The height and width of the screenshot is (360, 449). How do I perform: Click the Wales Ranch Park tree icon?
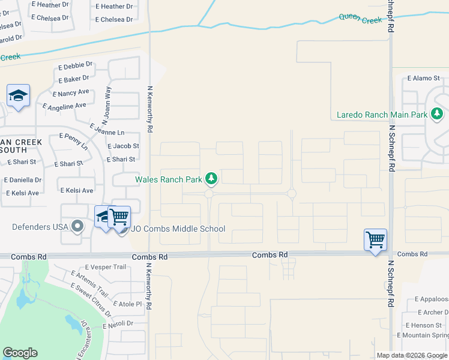pos(211,178)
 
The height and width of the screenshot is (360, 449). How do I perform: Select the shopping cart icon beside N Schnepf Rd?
pos(375,240)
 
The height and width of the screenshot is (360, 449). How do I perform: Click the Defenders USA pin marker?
pos(77,226)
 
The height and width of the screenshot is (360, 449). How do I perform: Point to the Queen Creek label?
pos(360,19)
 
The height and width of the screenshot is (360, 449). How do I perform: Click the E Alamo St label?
pos(424,78)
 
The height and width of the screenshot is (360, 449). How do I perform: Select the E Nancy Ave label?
pos(71,93)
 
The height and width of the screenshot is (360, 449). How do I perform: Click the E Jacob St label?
pos(123,146)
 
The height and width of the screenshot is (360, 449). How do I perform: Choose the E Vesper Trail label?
pos(106,267)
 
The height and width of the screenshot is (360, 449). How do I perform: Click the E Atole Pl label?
pos(126,304)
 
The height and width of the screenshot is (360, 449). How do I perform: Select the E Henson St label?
pos(427,325)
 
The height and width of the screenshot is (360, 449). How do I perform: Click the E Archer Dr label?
pos(432,312)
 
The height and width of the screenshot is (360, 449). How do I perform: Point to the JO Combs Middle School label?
pos(178,229)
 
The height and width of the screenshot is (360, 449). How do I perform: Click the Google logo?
pos(20,353)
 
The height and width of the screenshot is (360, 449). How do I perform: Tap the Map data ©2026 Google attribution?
pos(411,355)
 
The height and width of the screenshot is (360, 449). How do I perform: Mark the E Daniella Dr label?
pos(23,179)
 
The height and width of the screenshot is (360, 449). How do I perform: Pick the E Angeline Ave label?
pos(65,106)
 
